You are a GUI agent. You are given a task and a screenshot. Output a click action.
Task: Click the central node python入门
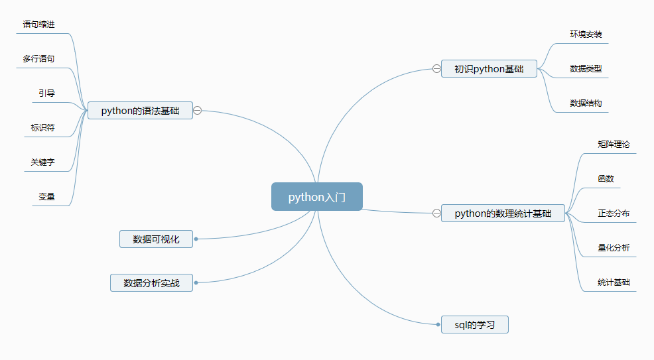pos(316,197)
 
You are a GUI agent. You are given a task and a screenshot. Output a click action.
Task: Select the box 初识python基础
pos(489,69)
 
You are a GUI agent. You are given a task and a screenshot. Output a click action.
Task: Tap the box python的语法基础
pos(140,111)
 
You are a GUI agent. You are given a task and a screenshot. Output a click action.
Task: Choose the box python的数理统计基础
pos(503,213)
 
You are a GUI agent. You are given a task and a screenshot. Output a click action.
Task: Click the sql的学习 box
pos(474,325)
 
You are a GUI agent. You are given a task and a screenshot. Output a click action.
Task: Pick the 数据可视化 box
pos(156,239)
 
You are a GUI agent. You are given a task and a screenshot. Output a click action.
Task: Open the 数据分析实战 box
pos(151,283)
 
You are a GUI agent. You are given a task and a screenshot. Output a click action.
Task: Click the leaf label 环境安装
pos(586,34)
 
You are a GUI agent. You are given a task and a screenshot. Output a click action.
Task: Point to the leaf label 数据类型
pos(586,68)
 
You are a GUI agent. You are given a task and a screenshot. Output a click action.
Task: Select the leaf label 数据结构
pos(586,103)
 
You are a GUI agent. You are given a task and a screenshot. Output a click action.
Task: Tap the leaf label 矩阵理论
pos(614,144)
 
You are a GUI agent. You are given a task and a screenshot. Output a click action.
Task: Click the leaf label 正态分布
pos(614,213)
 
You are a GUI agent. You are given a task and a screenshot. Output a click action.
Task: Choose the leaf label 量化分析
pos(614,248)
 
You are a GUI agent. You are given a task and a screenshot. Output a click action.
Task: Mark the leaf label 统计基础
pos(614,282)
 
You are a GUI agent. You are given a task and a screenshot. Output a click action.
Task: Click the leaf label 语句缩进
pos(38,25)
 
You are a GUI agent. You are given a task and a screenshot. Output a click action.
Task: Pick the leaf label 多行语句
pos(38,59)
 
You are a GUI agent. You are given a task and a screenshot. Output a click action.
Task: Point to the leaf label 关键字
pos(42,162)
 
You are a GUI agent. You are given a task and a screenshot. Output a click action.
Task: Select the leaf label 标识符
pos(42,127)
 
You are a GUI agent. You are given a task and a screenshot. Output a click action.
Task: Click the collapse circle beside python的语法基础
pos(198,111)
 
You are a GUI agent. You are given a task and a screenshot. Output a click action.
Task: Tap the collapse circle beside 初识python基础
pos(436,68)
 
